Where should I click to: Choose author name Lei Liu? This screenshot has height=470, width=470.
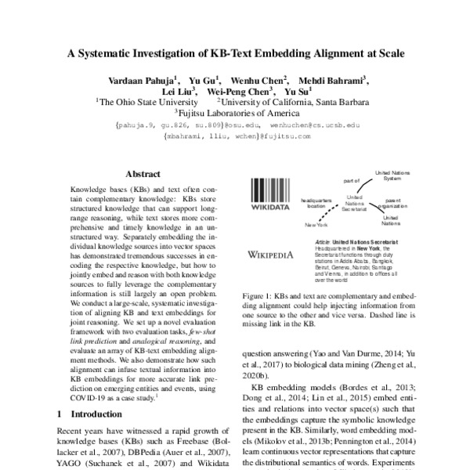point(166,91)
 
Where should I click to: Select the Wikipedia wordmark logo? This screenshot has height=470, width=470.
point(269,254)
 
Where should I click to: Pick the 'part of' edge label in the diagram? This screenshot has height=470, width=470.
point(350,181)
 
